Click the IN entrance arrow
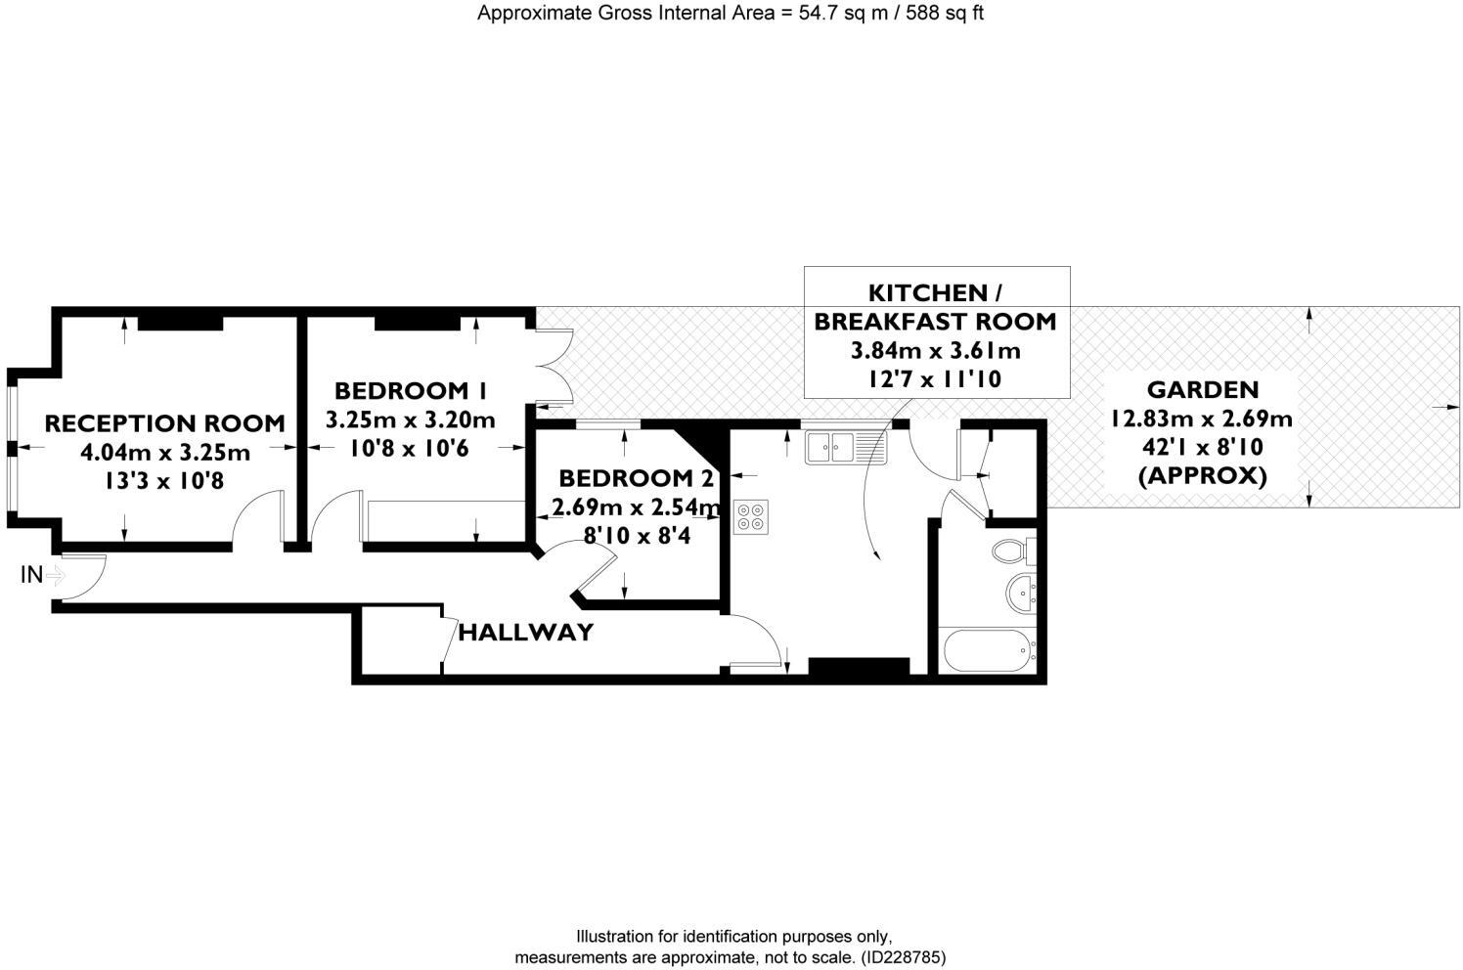pyautogui.click(x=54, y=575)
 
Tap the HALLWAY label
pyautogui.click(x=525, y=633)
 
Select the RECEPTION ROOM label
pyautogui.click(x=164, y=423)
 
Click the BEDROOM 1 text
pyautogui.click(x=410, y=391)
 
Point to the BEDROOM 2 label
pyautogui.click(x=626, y=479)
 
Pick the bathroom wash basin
pyautogui.click(x=1022, y=593)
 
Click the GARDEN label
pyautogui.click(x=1202, y=390)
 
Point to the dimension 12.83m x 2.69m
pyautogui.click(x=1201, y=419)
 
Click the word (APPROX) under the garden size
pyautogui.click(x=1202, y=476)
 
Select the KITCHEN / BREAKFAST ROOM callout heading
pyautogui.click(x=935, y=307)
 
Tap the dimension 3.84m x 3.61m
pyautogui.click(x=935, y=350)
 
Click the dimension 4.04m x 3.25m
pyautogui.click(x=164, y=453)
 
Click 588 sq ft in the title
pyautogui.click(x=940, y=14)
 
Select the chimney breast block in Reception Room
pyautogui.click(x=175, y=324)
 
